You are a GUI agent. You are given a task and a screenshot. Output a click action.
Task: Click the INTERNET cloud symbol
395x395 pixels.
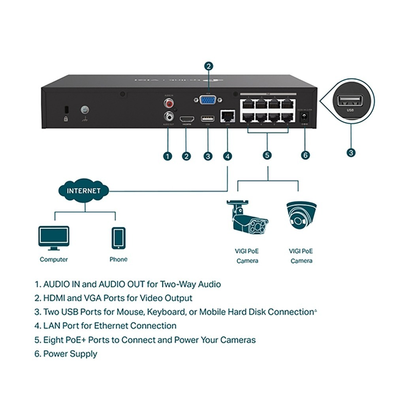click(83, 191)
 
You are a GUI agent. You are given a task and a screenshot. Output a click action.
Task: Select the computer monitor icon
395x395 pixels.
click(54, 238)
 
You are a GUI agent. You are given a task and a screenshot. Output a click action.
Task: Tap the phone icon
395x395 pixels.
click(118, 238)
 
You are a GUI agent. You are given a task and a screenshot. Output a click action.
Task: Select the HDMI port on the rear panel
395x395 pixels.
click(187, 118)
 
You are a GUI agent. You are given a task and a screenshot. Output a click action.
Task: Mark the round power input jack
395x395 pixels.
click(305, 117)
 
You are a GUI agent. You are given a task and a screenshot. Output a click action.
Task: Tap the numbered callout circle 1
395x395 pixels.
click(167, 156)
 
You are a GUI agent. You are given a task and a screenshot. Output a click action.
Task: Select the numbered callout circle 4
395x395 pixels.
click(228, 156)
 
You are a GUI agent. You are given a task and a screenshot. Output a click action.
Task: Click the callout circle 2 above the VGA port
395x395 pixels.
click(209, 66)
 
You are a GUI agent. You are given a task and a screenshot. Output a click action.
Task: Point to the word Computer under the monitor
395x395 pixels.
click(54, 260)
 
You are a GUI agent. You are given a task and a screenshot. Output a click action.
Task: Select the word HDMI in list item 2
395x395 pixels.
click(54, 298)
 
